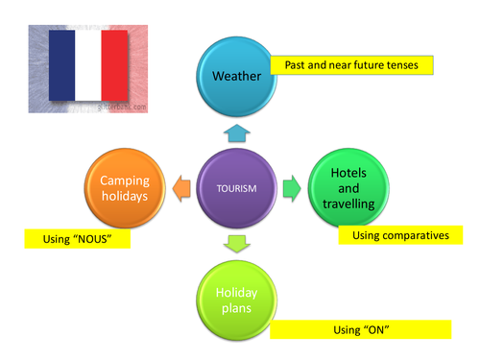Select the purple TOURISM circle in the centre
[238, 187]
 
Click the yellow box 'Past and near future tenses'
[351, 65]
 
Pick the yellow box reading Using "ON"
[359, 329]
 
